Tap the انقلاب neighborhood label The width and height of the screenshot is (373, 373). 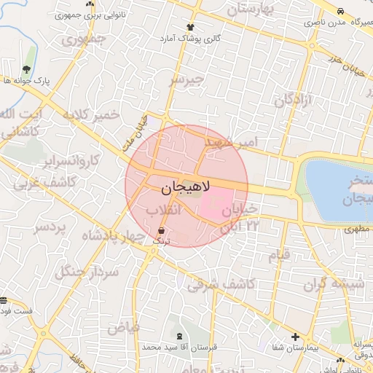click(163, 209)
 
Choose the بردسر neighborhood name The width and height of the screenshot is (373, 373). click(50, 228)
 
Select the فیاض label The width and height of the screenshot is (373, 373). click(123, 328)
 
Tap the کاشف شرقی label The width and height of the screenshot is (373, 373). click(221, 284)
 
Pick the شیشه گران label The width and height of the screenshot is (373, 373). click(336, 284)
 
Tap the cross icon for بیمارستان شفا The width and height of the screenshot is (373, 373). click(295, 337)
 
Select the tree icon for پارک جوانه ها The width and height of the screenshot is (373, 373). click(27, 69)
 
